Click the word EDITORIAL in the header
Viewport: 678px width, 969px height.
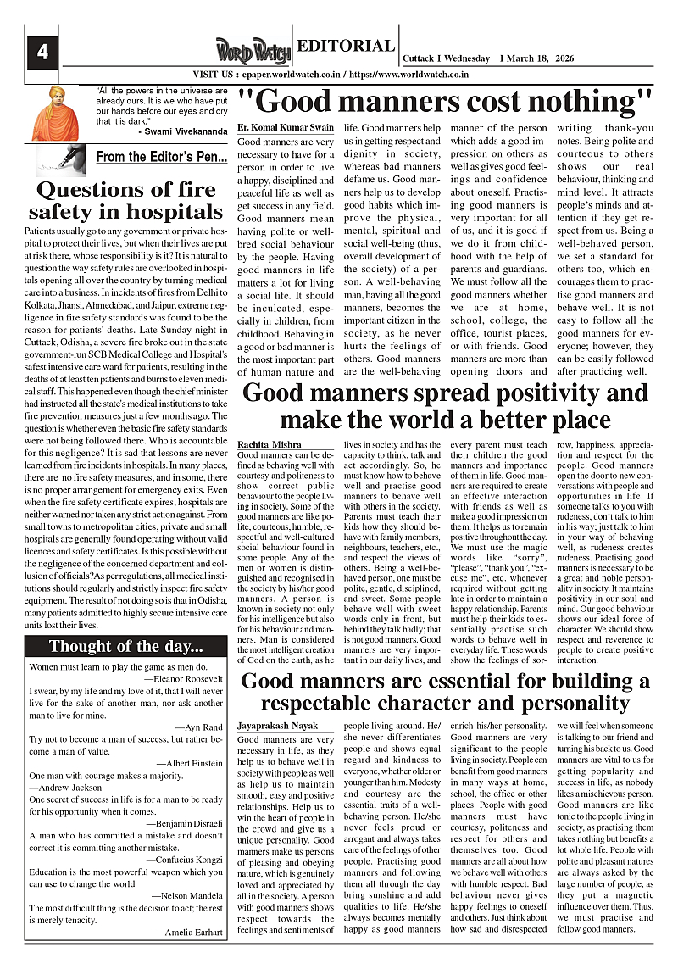344,47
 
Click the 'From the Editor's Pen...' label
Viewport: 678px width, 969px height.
161,157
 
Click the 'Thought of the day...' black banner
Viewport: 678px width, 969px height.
125,647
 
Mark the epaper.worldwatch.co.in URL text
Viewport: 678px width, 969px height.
286,75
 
